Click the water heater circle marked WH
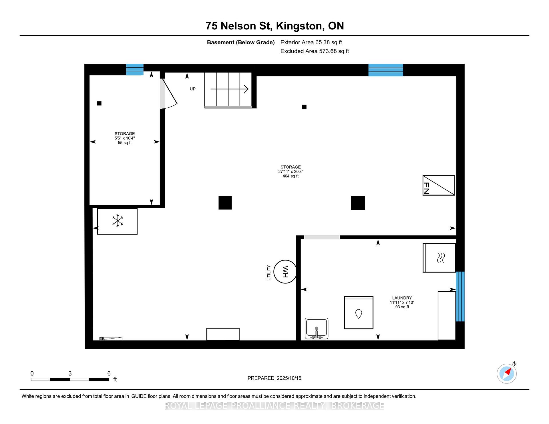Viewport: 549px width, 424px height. tap(285, 271)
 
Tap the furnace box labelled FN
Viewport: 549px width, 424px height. tap(439, 185)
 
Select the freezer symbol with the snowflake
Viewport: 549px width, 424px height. tap(117, 221)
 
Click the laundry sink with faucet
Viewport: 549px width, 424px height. tap(317, 329)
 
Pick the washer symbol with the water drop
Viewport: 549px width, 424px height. tap(359, 313)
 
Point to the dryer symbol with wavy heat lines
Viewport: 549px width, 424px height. tap(439, 258)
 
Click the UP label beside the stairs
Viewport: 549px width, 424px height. tap(193, 89)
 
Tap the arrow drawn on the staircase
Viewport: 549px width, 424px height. tap(229, 89)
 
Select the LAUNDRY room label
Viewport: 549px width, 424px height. tap(402, 298)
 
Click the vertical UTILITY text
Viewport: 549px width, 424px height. tap(269, 273)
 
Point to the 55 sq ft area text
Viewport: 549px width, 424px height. tap(125, 143)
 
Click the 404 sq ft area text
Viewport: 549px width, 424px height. tap(291, 176)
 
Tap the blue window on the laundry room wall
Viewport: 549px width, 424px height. tap(460, 296)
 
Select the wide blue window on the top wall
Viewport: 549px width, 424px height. tap(386, 70)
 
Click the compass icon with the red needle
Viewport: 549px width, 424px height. tap(507, 373)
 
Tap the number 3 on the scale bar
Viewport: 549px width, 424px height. tap(70, 373)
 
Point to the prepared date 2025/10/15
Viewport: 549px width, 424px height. tap(289, 378)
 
